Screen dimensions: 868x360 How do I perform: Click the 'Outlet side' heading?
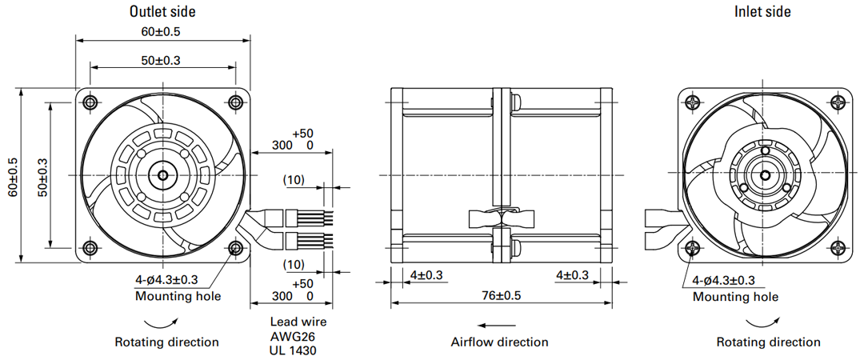click(x=162, y=11)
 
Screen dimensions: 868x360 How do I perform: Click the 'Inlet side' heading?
click(x=762, y=11)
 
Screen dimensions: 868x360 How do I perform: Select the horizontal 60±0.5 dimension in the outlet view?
click(x=161, y=31)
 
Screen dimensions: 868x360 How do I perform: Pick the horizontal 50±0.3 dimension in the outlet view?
click(x=161, y=60)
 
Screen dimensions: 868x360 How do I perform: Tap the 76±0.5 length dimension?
click(x=501, y=295)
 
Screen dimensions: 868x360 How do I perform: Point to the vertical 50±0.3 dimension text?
click(x=42, y=176)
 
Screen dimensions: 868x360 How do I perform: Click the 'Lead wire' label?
click(x=298, y=322)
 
